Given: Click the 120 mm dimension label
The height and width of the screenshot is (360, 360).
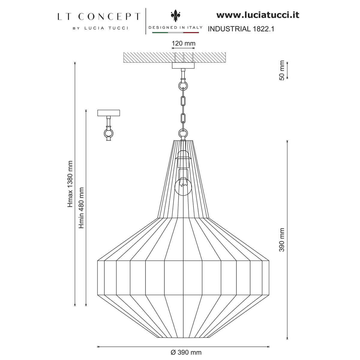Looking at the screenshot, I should [183, 43].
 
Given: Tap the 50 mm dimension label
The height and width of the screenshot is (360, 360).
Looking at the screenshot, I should [281, 70].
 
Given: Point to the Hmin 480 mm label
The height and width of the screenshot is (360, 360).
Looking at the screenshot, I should [81, 208].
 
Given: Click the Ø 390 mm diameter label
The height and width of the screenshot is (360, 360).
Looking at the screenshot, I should [186, 352].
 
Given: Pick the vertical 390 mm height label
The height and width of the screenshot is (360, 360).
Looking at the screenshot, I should [282, 240].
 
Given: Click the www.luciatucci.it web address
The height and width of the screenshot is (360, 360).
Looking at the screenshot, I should [258, 15].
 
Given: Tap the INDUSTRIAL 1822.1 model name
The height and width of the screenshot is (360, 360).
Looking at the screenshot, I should [241, 29].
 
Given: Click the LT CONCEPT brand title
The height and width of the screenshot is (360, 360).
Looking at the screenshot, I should [99, 16].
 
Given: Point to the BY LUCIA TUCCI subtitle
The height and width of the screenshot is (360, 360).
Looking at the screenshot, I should [100, 28].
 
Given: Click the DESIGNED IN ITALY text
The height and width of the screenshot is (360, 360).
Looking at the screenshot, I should [176, 27].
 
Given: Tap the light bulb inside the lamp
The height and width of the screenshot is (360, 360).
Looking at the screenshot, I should [183, 186].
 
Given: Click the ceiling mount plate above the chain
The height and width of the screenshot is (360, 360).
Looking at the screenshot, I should [183, 66].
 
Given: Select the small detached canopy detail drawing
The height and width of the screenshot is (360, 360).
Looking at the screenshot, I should [109, 124].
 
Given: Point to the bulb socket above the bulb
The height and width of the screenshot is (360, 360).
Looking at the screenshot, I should [183, 159].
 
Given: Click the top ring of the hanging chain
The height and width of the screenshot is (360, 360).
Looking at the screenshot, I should [183, 85].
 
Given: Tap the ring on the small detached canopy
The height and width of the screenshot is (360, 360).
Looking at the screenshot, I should [109, 132].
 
